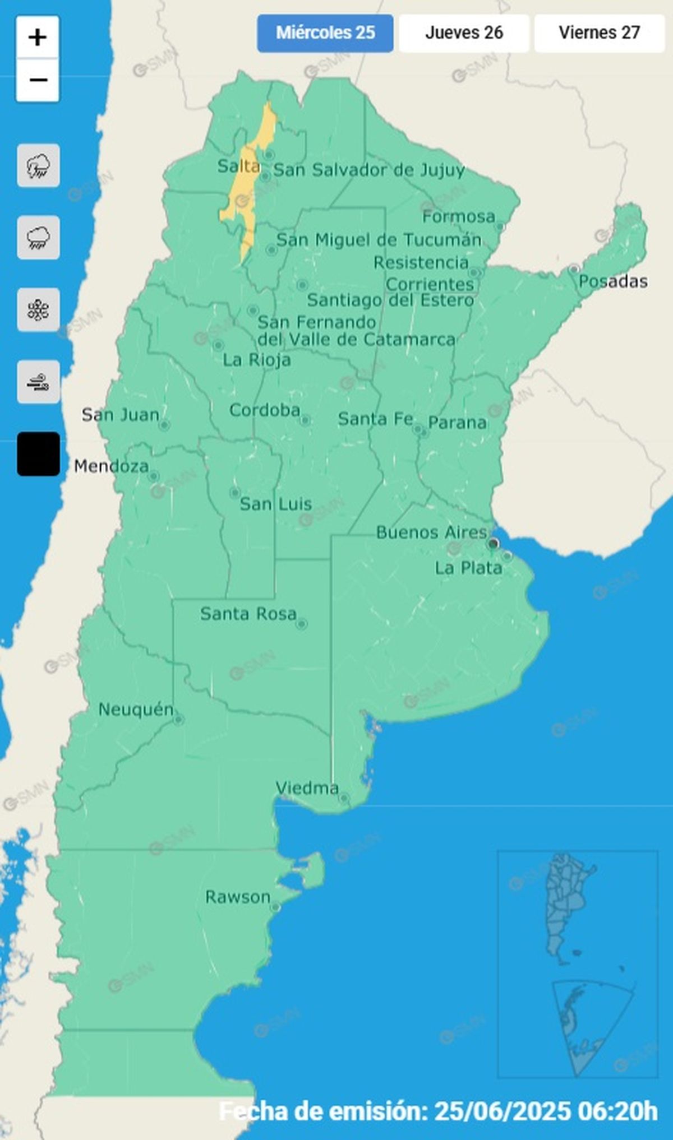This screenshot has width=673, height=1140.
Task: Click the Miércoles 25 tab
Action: [x=325, y=33]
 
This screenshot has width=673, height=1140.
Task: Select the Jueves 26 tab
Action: [x=464, y=33]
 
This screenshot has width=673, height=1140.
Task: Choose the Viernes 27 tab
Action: [x=599, y=33]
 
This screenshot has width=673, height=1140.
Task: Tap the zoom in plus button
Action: [x=38, y=38]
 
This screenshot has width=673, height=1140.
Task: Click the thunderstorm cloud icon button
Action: [x=38, y=165]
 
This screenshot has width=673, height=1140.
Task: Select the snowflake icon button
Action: [x=38, y=309]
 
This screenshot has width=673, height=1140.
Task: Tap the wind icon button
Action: [x=38, y=382]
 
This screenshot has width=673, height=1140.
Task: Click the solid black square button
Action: [x=38, y=454]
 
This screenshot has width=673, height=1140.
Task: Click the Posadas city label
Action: [x=613, y=281]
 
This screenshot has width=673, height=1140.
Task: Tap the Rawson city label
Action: [x=238, y=897]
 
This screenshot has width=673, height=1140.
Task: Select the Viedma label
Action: [x=307, y=788]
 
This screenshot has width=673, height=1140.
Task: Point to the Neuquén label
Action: [x=136, y=710]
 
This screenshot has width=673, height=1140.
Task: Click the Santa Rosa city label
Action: [x=248, y=614]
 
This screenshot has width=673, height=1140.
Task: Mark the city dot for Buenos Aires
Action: [x=494, y=543]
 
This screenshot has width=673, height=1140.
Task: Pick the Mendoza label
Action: [x=112, y=466]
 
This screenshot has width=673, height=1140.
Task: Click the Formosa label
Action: [x=459, y=216]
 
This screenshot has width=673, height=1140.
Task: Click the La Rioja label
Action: [x=257, y=360]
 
